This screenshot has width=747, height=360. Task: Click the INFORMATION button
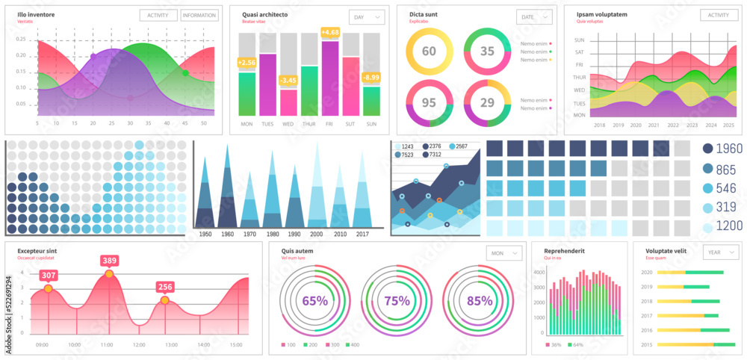(x=199, y=15)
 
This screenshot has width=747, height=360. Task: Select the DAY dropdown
(x=367, y=16)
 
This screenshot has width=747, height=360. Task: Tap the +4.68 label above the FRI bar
(x=330, y=32)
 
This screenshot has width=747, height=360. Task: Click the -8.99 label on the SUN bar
(x=371, y=77)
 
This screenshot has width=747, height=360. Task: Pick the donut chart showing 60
(x=429, y=51)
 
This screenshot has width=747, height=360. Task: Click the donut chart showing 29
(x=487, y=102)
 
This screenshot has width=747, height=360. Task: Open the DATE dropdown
(x=534, y=16)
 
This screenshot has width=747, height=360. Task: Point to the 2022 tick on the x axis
(x=673, y=125)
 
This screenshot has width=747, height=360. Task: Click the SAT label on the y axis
(x=579, y=52)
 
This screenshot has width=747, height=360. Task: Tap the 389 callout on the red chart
(x=110, y=261)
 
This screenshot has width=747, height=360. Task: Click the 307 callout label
(x=49, y=276)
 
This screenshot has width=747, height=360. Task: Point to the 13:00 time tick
(x=171, y=344)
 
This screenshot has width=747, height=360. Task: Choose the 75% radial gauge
(x=397, y=301)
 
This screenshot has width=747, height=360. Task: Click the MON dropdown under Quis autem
(x=505, y=253)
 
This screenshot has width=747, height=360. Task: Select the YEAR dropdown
(x=722, y=252)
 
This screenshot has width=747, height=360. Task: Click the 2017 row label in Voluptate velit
(x=647, y=315)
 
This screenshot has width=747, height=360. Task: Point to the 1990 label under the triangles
(x=294, y=234)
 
